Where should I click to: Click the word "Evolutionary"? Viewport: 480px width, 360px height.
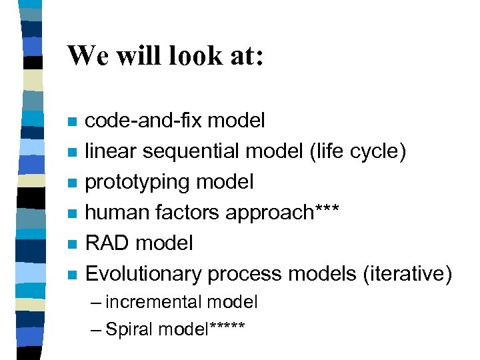[x=143, y=273]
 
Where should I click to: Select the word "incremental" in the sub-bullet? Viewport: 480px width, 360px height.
[x=153, y=303]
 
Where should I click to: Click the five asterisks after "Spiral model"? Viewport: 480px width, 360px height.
[x=227, y=327]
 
